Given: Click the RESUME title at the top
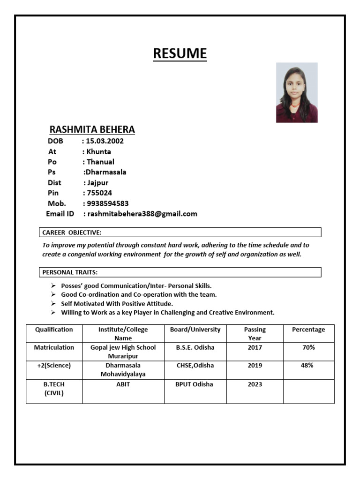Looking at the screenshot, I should (180, 53).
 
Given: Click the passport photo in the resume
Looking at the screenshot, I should (297, 92).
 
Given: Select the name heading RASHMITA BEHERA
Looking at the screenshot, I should (92, 129).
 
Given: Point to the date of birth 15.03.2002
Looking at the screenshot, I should (105, 141).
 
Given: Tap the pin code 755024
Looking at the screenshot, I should (99, 193).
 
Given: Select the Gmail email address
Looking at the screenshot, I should (142, 214).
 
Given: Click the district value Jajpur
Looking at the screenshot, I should (98, 182).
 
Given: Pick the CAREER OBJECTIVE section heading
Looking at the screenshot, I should (72, 232).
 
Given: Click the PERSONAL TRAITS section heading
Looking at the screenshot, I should (70, 272).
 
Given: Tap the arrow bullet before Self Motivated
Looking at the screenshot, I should (53, 304).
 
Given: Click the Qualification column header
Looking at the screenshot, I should (54, 330).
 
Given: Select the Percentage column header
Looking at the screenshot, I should (308, 330).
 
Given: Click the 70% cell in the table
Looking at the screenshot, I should (308, 347).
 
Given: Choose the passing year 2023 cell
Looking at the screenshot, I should (255, 384).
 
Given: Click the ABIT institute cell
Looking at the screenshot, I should (123, 384).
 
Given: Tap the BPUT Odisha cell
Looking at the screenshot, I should (194, 384).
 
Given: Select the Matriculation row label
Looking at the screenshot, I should (54, 347).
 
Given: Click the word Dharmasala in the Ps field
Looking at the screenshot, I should (105, 172).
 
